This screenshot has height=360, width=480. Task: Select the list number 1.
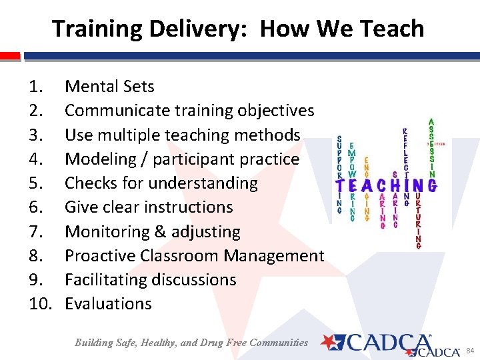(35, 87)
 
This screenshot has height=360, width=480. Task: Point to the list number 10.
(41, 304)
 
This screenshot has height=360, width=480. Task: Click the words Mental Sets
(109, 87)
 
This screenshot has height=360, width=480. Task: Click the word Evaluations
(108, 304)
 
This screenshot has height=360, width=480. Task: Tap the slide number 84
(469, 351)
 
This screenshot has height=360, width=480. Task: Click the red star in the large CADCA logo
(329, 343)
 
